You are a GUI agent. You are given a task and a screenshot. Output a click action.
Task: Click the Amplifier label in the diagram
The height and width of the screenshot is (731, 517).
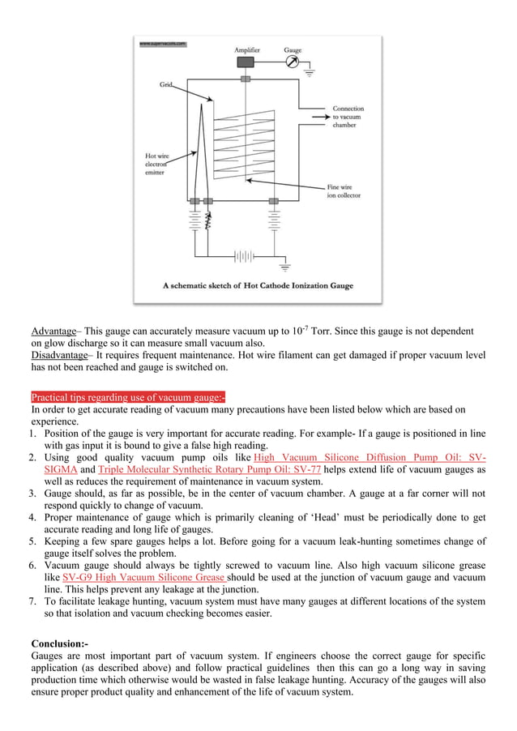[x=247, y=50]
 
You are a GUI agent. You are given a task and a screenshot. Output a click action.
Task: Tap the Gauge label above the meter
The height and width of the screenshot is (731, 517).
[x=293, y=50]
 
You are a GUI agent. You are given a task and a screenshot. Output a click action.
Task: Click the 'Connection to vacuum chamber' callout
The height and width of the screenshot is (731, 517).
[x=348, y=117]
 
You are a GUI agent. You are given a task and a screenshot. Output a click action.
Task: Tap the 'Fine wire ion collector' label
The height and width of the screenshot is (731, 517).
[x=344, y=191]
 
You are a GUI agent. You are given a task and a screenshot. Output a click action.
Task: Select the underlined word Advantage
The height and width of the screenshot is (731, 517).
[x=53, y=331]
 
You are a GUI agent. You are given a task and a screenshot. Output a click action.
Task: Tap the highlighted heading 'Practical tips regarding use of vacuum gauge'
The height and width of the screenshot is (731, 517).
[x=128, y=397]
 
